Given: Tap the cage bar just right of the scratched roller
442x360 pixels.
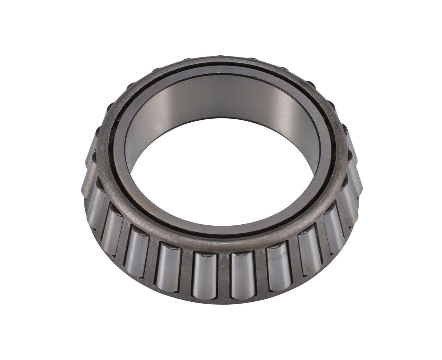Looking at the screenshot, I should pyautogui.click(x=294, y=262).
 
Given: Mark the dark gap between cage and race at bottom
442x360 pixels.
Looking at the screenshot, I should pyautogui.click(x=218, y=237).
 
